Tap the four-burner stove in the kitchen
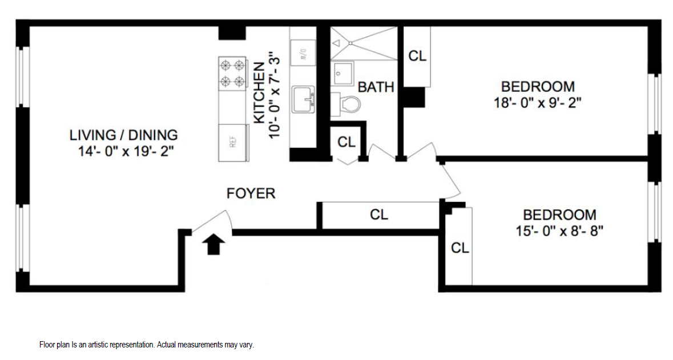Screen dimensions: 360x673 (232, 73)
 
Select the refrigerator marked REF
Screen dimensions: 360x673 (232, 142)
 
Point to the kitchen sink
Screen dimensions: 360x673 (304, 100)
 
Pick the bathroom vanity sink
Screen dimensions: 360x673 (343, 73)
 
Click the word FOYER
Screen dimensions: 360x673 (251, 193)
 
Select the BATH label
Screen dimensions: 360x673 (376, 87)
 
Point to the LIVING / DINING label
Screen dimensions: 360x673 (123, 135)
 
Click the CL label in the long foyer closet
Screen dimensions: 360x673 (379, 215)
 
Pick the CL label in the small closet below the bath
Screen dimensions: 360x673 (346, 141)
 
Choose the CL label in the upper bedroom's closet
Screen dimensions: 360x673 (417, 56)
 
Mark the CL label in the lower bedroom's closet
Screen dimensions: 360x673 (460, 248)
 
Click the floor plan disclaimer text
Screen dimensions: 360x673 (146, 345)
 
